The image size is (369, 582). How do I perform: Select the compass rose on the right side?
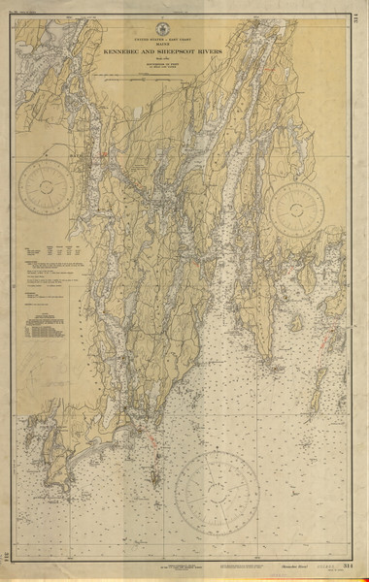[297, 210]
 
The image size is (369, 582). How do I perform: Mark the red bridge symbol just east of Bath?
[100, 152]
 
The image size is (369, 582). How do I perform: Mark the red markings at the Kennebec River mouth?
[151, 437]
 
